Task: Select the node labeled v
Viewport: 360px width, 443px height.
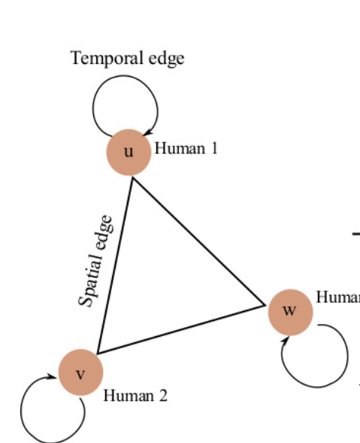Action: pos(80,372)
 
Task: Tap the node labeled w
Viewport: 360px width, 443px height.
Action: pos(290,311)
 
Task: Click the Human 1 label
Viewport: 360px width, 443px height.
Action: pos(186,148)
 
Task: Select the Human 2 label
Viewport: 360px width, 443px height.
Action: pos(135,395)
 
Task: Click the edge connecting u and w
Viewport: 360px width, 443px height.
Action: pos(198,241)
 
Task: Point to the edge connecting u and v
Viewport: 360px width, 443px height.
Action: pos(114,263)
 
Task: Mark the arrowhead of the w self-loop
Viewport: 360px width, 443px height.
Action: pos(286,341)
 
